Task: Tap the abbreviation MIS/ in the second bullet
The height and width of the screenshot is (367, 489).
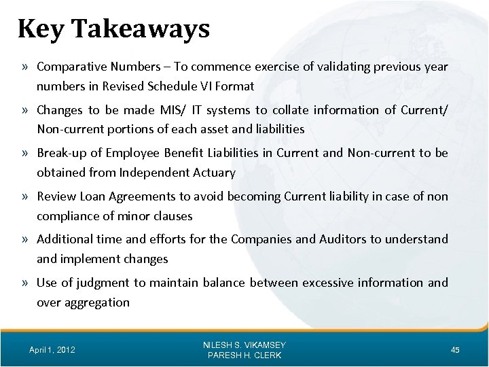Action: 171,110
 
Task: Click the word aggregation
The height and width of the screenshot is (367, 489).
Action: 97,302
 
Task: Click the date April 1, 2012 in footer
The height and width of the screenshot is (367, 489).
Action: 52,350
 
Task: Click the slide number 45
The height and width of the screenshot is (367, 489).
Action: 455,350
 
